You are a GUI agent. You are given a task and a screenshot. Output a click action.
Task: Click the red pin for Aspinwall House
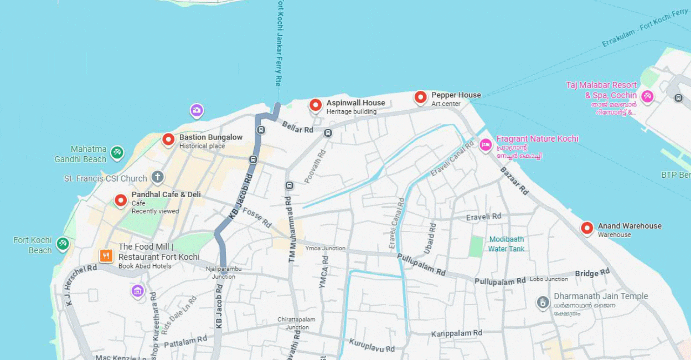[315, 104]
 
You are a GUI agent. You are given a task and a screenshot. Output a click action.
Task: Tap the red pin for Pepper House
[420, 97]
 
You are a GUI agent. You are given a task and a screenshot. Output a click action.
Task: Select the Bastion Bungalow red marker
[168, 140]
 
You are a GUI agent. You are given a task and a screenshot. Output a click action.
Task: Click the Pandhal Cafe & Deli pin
[121, 200]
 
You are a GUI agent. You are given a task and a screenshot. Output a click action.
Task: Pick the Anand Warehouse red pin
[587, 228]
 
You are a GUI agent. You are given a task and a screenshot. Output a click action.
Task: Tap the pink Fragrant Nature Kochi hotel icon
[486, 145]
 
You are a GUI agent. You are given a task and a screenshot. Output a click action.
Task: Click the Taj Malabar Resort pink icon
[647, 96]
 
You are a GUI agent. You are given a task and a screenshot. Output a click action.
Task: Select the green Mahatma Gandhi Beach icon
[117, 152]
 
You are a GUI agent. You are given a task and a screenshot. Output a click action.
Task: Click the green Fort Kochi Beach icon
[63, 243]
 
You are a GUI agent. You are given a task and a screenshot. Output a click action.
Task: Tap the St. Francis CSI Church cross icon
[158, 177]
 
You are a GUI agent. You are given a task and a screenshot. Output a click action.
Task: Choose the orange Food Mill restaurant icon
[106, 255]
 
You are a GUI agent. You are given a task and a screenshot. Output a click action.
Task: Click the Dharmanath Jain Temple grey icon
[543, 302]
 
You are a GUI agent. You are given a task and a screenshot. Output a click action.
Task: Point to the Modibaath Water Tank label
[506, 244]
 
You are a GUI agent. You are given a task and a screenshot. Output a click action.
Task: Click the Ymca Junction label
[325, 248]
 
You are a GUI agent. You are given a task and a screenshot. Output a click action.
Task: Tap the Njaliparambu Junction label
[223, 272]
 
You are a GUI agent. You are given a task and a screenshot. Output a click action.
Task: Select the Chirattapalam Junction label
[296, 323]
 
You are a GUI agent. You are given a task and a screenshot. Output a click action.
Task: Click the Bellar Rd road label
[297, 128]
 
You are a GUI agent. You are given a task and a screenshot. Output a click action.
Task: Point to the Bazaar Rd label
[514, 181]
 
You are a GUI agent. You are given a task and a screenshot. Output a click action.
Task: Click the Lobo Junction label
[549, 279]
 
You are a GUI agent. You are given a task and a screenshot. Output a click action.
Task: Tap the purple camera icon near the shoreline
[197, 110]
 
